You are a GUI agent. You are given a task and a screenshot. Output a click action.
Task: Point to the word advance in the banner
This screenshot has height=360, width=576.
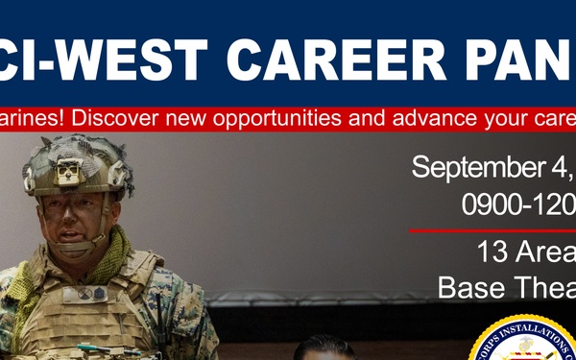(x=436, y=119)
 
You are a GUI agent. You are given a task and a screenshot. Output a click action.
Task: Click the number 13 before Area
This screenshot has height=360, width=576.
(x=491, y=253)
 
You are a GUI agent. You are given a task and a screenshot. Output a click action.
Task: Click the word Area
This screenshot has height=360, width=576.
(x=543, y=253)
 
